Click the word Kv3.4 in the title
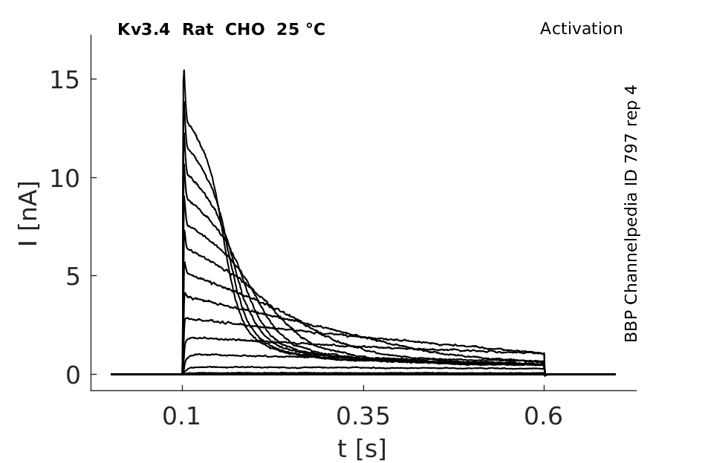[143, 30]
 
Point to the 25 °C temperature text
[301, 30]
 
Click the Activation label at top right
[581, 29]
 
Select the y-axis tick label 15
[65, 81]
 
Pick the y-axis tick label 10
[65, 179]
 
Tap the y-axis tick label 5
[72, 278]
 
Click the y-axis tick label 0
[73, 375]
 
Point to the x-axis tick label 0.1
[181, 416]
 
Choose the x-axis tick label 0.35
[363, 416]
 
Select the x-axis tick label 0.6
[543, 416]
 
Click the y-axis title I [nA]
[29, 214]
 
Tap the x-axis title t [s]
[362, 449]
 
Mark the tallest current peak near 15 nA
[183, 70]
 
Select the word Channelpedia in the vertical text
[631, 248]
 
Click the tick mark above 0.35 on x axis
[363, 387]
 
